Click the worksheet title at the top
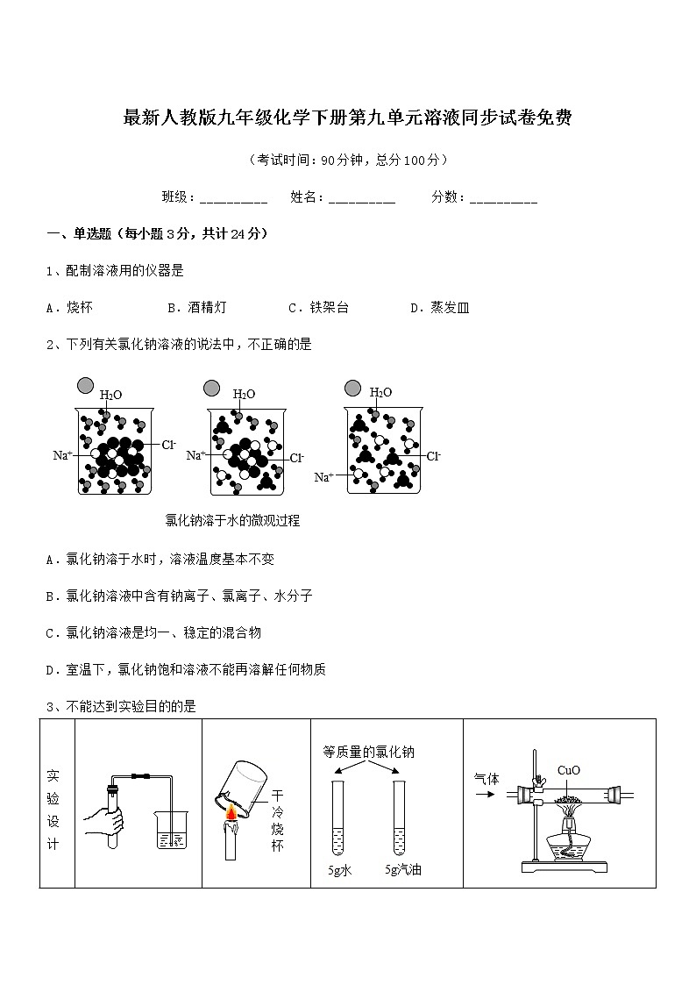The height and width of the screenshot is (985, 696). (348, 119)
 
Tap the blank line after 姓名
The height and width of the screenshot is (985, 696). (361, 199)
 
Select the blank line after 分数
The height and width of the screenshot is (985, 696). (503, 199)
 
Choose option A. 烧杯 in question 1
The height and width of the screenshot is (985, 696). (69, 308)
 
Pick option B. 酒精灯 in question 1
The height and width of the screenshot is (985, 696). (196, 308)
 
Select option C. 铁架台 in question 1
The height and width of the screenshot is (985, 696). (318, 308)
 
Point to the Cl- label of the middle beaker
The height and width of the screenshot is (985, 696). (297, 458)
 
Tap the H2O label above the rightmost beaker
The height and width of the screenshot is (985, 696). (380, 393)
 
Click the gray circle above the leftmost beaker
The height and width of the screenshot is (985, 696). (85, 386)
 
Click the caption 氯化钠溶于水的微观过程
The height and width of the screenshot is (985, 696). (232, 520)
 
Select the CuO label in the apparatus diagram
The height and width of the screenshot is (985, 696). (568, 771)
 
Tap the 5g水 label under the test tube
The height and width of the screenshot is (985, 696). (339, 870)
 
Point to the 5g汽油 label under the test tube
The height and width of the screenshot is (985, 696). (403, 870)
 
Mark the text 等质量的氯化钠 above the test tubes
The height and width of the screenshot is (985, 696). (368, 752)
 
